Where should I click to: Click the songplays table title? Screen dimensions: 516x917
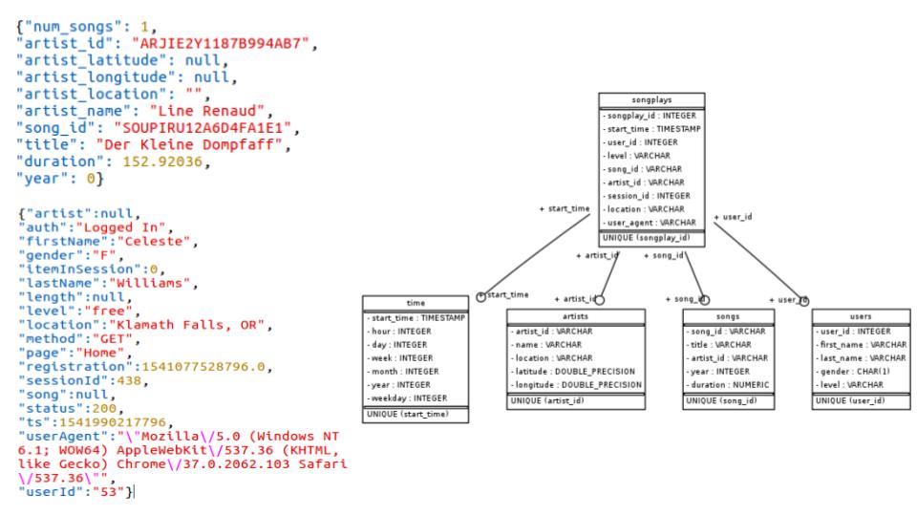point(651,98)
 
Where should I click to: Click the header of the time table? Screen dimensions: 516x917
point(416,301)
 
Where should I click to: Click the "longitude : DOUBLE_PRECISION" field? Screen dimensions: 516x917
point(576,385)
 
